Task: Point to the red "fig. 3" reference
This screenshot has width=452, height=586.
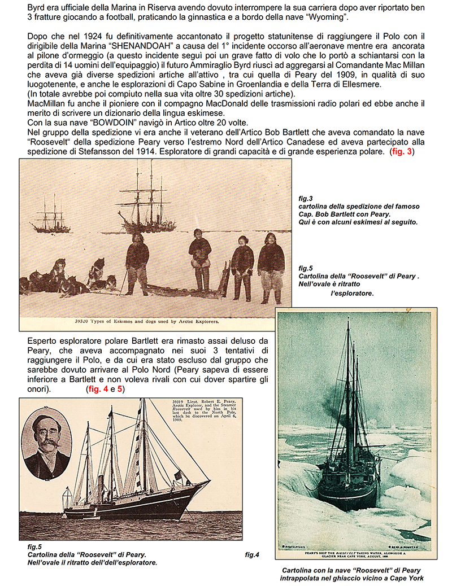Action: [x=402, y=152]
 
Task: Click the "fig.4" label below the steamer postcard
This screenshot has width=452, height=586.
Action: [x=252, y=555]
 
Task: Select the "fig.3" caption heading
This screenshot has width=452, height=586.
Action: [x=306, y=199]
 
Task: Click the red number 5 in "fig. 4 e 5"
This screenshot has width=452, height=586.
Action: [x=120, y=390]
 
